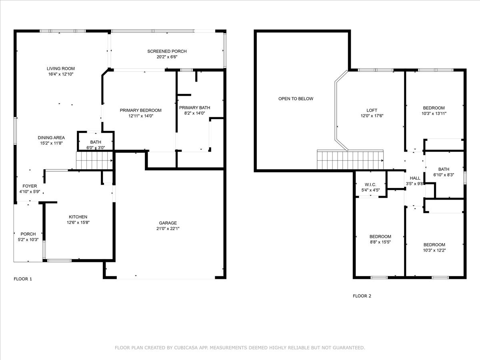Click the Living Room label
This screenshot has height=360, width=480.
click(60, 69)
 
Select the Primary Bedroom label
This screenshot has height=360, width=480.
click(140, 110)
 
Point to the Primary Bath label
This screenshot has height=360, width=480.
click(194, 108)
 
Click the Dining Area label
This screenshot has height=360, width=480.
click(51, 138)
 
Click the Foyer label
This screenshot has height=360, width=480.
click(30, 186)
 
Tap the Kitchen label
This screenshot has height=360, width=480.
click(78, 217)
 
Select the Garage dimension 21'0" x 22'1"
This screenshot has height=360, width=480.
click(168, 229)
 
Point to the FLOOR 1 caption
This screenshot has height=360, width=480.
click(23, 279)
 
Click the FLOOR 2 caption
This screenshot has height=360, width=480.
click(362, 296)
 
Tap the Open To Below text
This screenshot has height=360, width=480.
click(296, 99)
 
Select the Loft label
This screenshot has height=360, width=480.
click(372, 110)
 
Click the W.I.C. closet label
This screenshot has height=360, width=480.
click(370, 184)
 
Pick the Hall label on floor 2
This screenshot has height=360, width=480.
click(415, 178)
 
